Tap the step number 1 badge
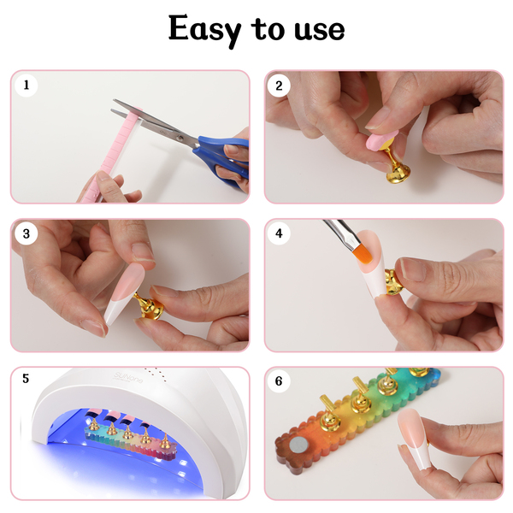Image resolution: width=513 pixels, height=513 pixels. (x=27, y=85)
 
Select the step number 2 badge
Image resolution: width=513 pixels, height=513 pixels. (x=279, y=85)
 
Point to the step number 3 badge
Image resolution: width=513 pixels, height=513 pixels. (x=27, y=233)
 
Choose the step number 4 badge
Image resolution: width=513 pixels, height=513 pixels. (x=279, y=233)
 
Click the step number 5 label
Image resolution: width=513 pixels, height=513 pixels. (x=26, y=379)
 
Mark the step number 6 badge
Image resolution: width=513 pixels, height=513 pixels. (x=279, y=381)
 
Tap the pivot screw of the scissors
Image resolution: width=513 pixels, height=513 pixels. (x=179, y=138)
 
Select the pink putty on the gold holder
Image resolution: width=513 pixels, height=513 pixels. (x=382, y=140)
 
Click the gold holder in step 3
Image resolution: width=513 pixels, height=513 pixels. (x=148, y=306)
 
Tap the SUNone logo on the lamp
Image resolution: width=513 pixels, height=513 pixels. (x=128, y=377)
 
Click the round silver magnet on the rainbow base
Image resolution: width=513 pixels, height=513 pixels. (x=298, y=446)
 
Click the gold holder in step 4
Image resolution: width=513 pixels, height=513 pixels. (x=392, y=283)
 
